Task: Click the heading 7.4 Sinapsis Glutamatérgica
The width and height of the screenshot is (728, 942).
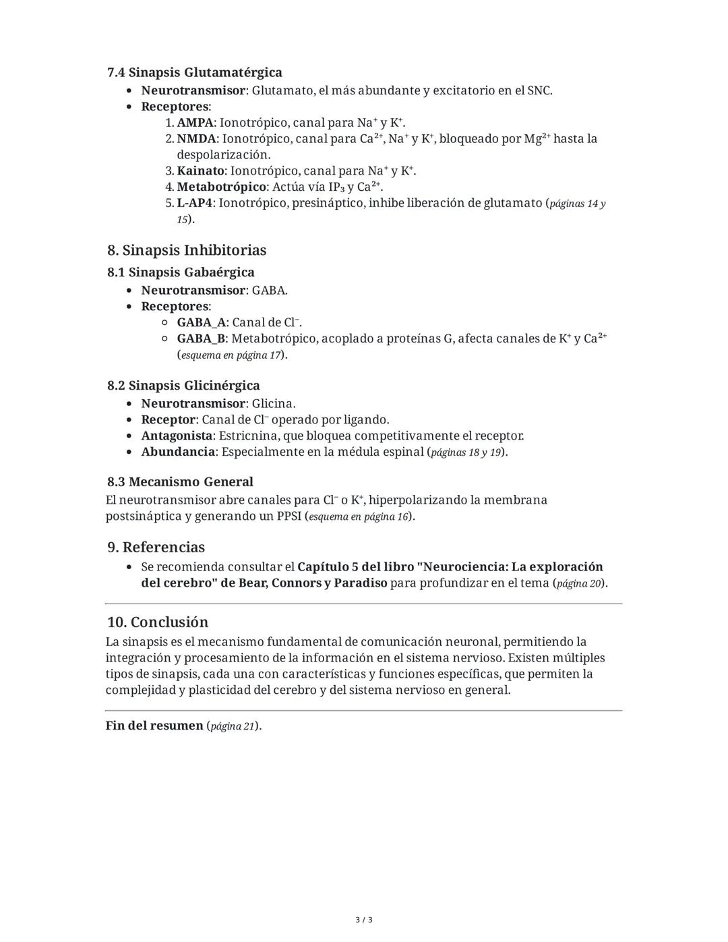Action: [194, 72]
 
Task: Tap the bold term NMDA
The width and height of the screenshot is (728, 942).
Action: [196, 139]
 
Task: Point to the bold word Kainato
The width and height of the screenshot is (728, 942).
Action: [200, 171]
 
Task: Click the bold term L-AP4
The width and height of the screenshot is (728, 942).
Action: [194, 203]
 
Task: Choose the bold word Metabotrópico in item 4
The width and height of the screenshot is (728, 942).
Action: [221, 187]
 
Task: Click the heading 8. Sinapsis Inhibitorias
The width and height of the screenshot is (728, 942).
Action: [187, 250]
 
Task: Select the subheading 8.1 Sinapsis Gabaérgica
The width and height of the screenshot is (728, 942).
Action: [181, 272]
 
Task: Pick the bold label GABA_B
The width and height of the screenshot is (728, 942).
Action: [201, 338]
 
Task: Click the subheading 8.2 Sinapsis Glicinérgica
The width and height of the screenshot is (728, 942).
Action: [183, 386]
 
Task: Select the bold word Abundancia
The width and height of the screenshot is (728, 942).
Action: [177, 452]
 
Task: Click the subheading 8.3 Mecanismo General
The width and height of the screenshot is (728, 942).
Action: [180, 482]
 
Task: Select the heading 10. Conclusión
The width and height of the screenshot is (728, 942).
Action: [157, 622]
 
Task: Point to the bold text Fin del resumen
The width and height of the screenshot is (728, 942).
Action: [154, 726]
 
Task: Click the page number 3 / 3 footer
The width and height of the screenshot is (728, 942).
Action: [364, 920]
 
